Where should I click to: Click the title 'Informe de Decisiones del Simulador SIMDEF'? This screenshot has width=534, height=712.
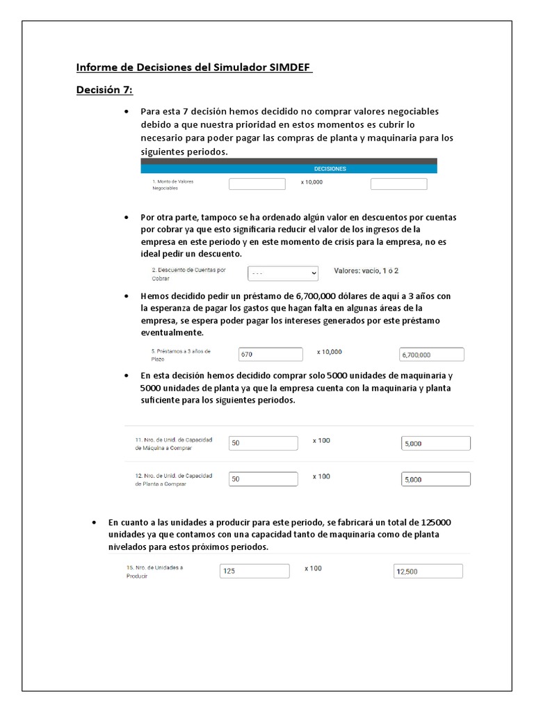pyautogui.click(x=194, y=67)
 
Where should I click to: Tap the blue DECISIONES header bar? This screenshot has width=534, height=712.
pyautogui.click(x=289, y=168)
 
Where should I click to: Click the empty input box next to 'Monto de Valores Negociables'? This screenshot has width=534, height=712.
pyautogui.click(x=257, y=184)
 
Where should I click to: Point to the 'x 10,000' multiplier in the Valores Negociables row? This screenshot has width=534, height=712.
pyautogui.click(x=311, y=182)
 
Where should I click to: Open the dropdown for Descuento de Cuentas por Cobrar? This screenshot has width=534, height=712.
pyautogui.click(x=282, y=273)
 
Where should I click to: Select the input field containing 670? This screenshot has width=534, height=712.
pyautogui.click(x=270, y=354)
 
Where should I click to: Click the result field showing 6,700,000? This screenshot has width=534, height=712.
pyautogui.click(x=431, y=355)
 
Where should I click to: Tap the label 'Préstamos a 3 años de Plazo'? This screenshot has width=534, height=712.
pyautogui.click(x=181, y=355)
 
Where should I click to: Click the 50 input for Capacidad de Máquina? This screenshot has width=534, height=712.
pyautogui.click(x=263, y=443)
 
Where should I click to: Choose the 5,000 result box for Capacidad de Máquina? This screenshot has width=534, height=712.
pyautogui.click(x=435, y=444)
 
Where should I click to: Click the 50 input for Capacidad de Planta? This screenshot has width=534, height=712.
pyautogui.click(x=263, y=478)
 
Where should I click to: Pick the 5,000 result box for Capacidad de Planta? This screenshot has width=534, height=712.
pyautogui.click(x=435, y=479)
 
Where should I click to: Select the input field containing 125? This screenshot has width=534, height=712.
pyautogui.click(x=254, y=571)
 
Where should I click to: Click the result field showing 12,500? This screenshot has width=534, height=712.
pyautogui.click(x=428, y=572)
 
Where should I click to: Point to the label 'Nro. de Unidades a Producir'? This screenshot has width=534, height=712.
pyautogui.click(x=154, y=572)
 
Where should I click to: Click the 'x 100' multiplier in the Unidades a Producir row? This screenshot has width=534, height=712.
pyautogui.click(x=313, y=569)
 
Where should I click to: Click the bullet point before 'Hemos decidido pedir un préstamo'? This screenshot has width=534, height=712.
pyautogui.click(x=126, y=296)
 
